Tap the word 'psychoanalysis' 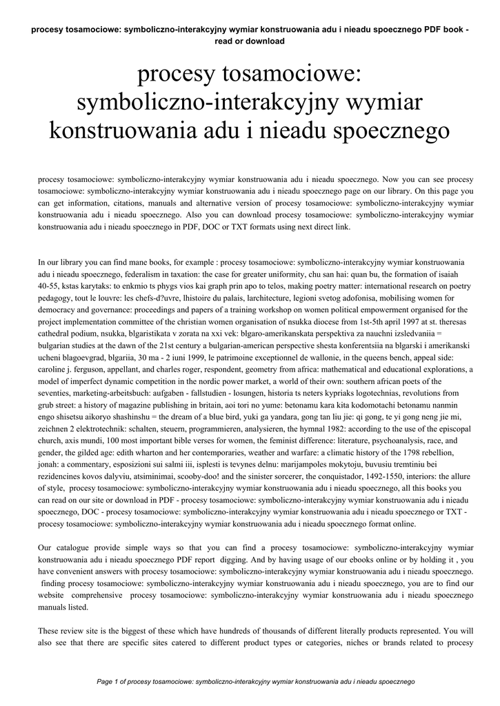[x=390, y=441]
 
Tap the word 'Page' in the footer [x=105, y=682]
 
